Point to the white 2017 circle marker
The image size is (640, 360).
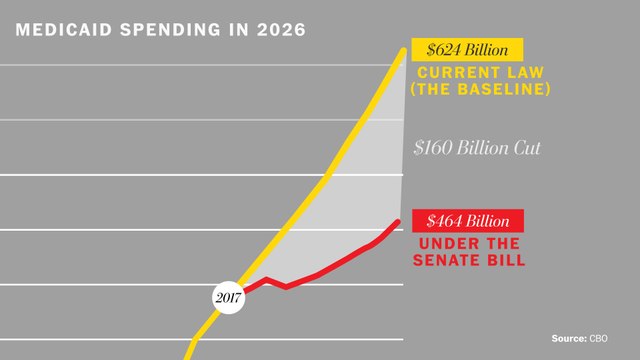[228, 298]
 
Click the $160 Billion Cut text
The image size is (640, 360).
[477, 148]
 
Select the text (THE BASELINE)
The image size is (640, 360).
[481, 90]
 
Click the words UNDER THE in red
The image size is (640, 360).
[467, 243]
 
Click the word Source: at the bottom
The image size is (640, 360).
[570, 339]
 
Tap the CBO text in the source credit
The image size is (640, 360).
[598, 339]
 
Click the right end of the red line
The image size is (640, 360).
[399, 221]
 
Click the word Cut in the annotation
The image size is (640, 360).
[524, 148]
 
